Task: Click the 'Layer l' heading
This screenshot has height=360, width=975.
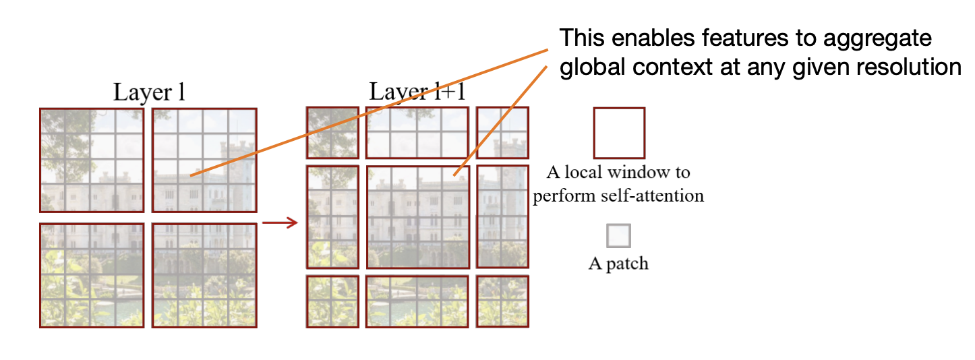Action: tap(148, 92)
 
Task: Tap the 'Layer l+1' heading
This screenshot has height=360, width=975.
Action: tap(417, 92)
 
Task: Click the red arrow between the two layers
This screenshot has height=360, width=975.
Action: tap(280, 222)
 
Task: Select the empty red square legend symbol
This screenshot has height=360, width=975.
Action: tap(618, 133)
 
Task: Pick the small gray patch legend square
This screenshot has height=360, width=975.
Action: tap(618, 236)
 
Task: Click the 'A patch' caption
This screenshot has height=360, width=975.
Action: tap(618, 263)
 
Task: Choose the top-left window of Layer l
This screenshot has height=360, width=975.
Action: tap(92, 160)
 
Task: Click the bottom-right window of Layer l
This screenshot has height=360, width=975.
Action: tap(204, 276)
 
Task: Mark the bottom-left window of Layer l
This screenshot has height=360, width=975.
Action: tap(92, 276)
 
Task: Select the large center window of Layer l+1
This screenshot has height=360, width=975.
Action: tap(418, 217)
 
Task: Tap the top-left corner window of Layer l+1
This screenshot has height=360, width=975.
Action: tap(332, 133)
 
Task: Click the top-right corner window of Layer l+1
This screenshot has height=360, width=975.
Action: tap(502, 133)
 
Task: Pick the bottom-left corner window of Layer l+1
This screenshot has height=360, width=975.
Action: tap(332, 301)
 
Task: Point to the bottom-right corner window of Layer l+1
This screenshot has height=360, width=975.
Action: tap(502, 301)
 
